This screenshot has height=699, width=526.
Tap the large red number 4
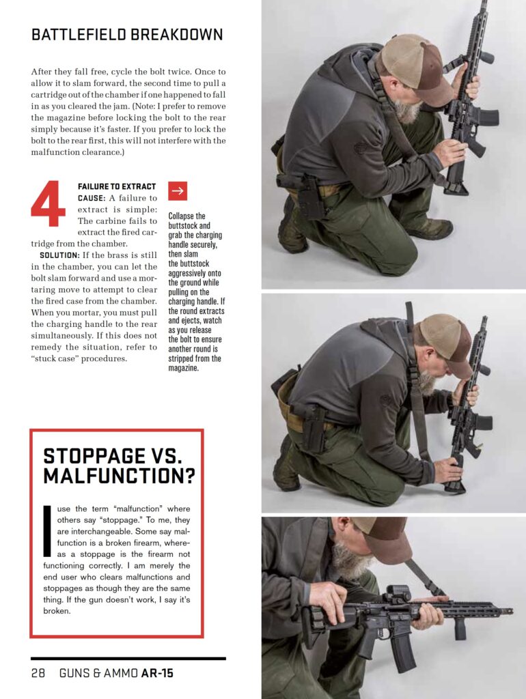(x=49, y=203)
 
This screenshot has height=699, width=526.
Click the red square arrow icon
(x=178, y=191)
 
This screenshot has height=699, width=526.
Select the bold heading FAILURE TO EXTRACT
(x=117, y=186)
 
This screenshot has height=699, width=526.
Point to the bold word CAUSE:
(x=92, y=198)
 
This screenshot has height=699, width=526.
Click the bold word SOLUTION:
(x=59, y=255)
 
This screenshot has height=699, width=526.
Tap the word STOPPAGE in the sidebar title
(x=94, y=456)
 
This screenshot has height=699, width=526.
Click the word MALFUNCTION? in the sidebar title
(x=119, y=476)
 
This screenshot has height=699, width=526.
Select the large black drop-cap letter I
(x=47, y=530)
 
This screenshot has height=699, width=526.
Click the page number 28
(x=38, y=672)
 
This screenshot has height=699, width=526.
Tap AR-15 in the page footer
(x=157, y=672)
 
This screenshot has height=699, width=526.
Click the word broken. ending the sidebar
(x=57, y=611)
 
